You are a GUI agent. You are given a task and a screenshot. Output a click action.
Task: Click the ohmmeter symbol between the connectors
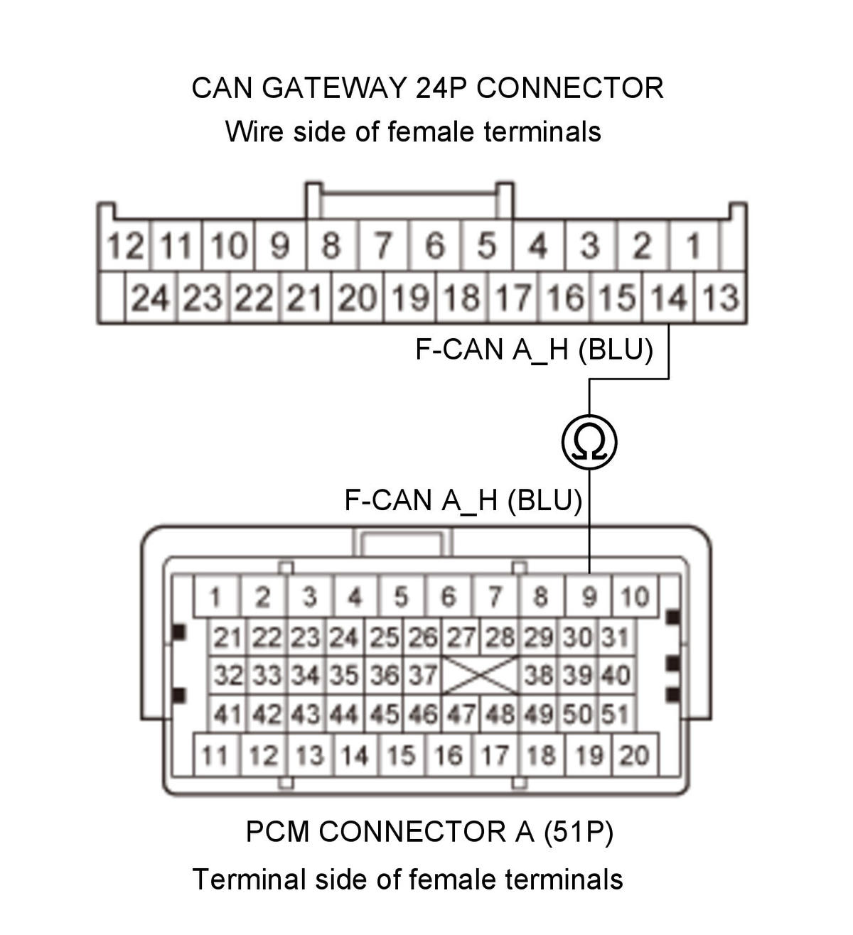pos(589,443)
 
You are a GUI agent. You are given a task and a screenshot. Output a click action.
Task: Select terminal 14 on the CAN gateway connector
pos(669,298)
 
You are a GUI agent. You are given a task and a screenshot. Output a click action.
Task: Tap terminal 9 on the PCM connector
pos(589,597)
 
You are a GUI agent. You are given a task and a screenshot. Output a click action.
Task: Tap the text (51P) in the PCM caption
pos(578,831)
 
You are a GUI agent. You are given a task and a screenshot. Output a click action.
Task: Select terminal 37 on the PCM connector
pos(422,675)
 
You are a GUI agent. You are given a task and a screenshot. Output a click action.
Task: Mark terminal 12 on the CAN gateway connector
pos(124,247)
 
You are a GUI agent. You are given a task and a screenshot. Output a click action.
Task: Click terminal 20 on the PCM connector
pos(634,755)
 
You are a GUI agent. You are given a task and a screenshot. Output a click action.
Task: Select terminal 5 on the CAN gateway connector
pos(486,247)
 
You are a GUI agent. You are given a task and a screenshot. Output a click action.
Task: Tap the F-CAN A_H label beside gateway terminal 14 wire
pos(533,350)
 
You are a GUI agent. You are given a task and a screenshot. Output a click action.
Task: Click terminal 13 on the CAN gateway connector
pos(721,298)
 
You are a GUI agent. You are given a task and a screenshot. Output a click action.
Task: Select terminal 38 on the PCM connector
pos(539,675)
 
